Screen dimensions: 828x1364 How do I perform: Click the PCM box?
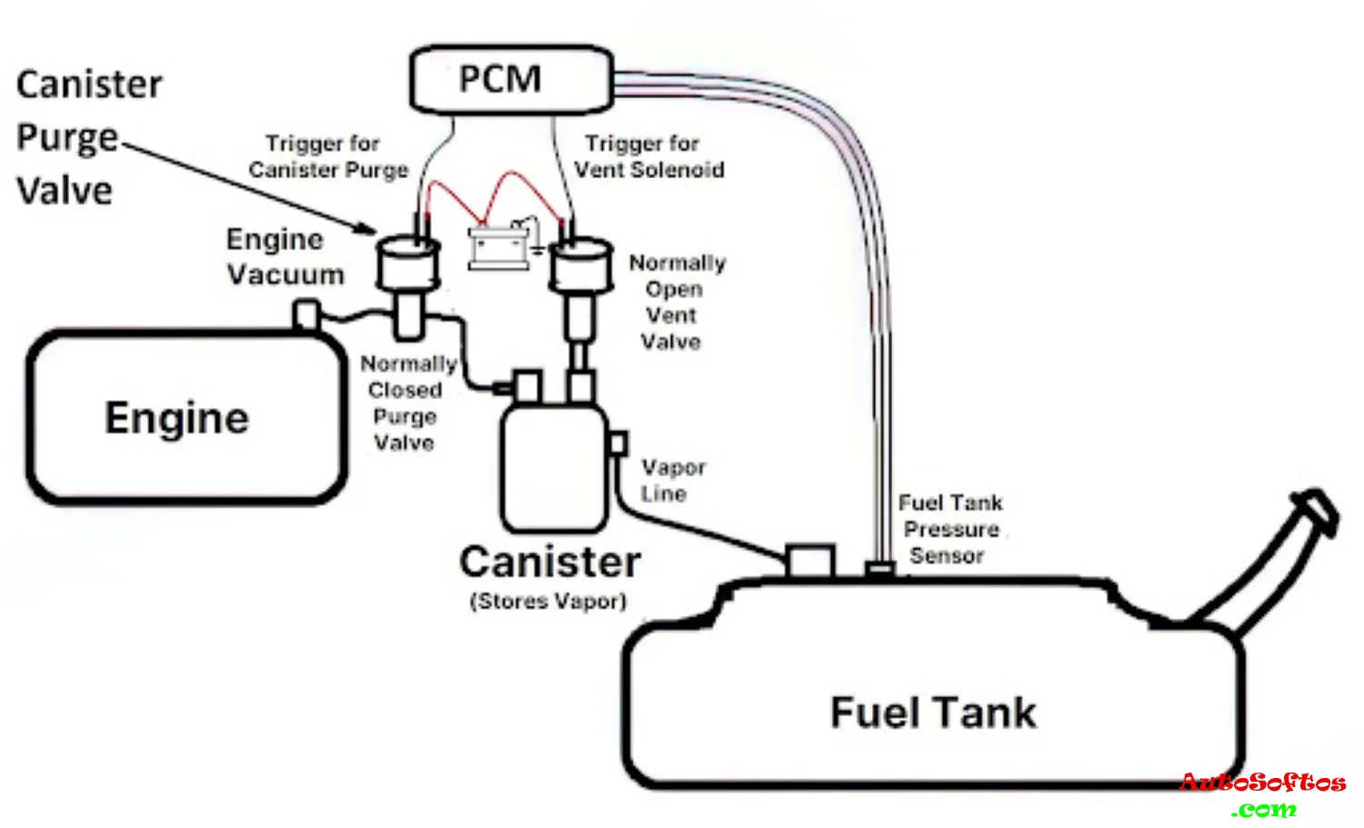click(x=509, y=80)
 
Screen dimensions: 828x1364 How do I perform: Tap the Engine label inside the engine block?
click(x=176, y=419)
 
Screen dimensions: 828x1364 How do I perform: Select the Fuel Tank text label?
click(x=933, y=713)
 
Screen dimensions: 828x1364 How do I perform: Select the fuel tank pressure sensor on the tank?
click(x=879, y=570)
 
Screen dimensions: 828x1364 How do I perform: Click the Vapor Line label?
click(x=672, y=480)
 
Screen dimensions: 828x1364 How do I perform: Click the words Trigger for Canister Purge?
click(x=327, y=156)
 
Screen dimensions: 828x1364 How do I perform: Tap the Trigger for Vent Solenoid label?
click(x=648, y=156)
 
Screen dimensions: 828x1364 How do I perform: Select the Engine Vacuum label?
click(x=284, y=257)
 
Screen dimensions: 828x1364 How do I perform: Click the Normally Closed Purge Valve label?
click(x=407, y=403)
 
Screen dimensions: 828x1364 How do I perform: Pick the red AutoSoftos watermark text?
click(x=1262, y=783)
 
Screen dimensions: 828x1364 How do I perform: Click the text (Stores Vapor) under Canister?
click(x=548, y=601)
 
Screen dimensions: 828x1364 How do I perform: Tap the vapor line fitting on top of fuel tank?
click(x=809, y=561)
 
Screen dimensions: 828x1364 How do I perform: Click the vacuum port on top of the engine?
click(x=306, y=314)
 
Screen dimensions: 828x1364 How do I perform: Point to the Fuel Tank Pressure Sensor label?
click(x=949, y=529)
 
